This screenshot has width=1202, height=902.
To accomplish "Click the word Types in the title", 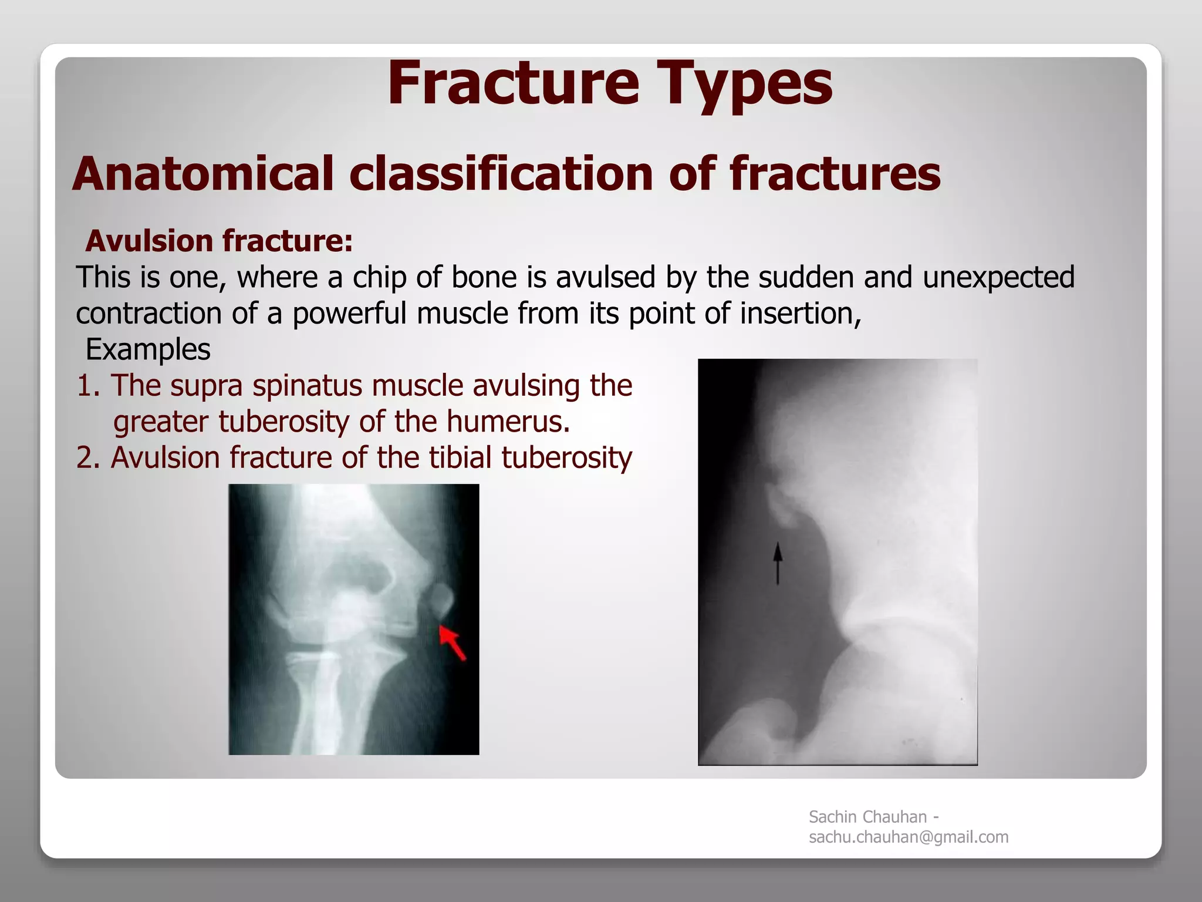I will (744, 85).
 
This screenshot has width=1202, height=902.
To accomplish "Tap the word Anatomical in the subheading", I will (202, 174).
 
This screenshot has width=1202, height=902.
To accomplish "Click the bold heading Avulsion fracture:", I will (219, 241).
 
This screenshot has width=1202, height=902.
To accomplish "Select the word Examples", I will (148, 350).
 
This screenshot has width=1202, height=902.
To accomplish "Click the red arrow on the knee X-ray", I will (453, 642).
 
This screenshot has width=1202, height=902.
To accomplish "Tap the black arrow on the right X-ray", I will (778, 563).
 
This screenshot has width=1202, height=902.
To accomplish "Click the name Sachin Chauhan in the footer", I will (867, 817).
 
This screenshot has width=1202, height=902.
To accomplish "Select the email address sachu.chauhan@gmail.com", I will (908, 837).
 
